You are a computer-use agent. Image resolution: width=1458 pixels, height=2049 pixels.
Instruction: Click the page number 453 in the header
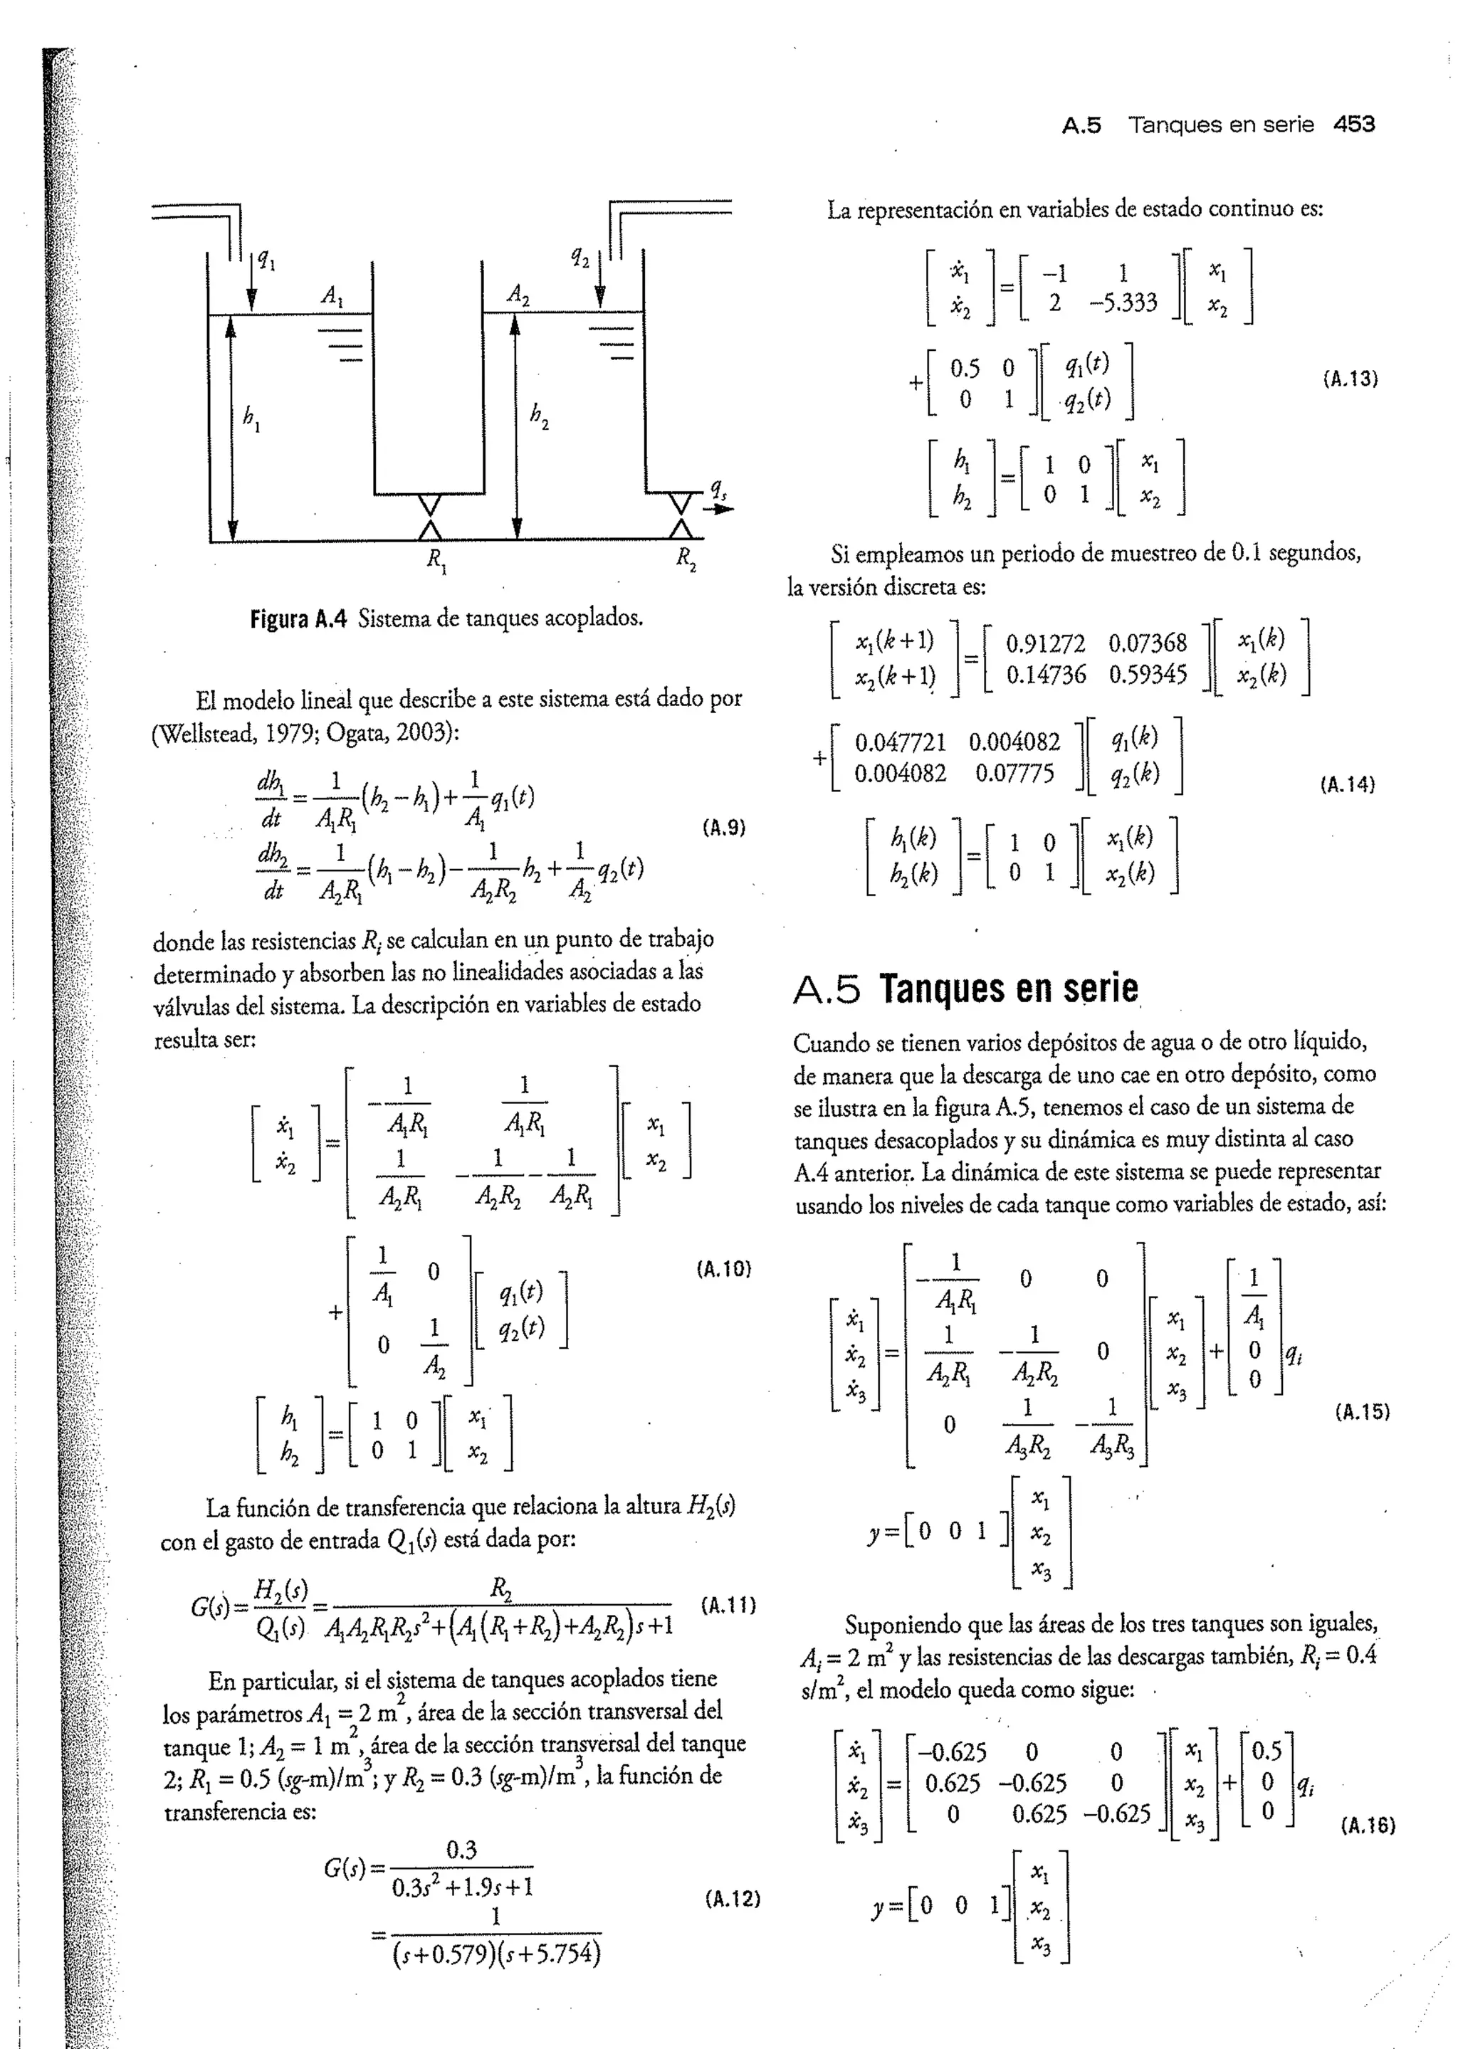(x=1354, y=125)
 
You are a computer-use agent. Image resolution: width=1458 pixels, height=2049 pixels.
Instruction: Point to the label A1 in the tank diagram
(x=333, y=295)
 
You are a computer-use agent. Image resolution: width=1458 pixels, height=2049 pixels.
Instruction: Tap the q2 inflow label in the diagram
(x=580, y=258)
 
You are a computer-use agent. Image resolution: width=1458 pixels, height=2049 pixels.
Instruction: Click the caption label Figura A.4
(x=298, y=618)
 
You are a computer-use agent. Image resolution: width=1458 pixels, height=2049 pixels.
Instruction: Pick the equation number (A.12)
(x=733, y=1898)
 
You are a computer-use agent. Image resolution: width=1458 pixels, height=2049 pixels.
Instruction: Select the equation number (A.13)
(x=1349, y=379)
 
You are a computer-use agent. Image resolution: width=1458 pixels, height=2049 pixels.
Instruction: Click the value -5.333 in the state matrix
(x=1123, y=302)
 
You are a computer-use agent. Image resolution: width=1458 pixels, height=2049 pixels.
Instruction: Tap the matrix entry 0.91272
(x=1045, y=643)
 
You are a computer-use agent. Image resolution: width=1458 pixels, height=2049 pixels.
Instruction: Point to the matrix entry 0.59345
(x=1148, y=674)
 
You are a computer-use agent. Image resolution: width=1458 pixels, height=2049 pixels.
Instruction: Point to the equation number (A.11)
(x=727, y=1604)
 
